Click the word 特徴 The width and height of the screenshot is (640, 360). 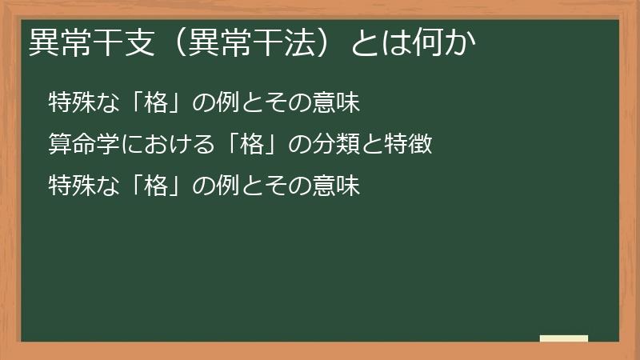[x=411, y=145]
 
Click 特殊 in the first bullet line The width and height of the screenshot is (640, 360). [x=70, y=102]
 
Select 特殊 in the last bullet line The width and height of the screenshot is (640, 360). [x=70, y=186]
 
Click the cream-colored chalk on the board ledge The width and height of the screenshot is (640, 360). [x=564, y=338]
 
